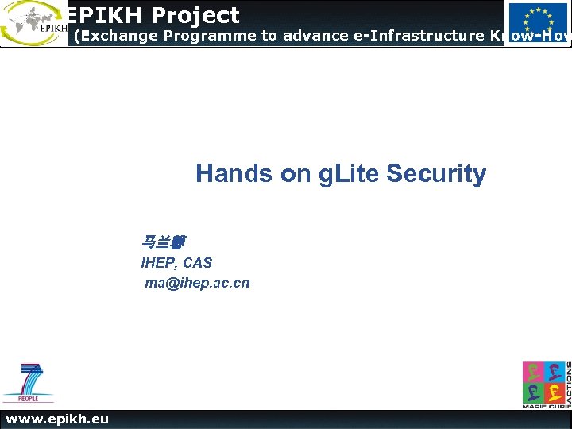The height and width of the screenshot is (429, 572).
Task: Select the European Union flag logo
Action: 538,22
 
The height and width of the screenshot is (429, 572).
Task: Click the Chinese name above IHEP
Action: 163,242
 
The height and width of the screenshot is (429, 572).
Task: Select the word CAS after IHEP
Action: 198,263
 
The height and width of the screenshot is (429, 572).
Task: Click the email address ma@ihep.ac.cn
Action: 197,283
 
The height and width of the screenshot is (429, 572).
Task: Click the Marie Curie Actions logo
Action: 545,385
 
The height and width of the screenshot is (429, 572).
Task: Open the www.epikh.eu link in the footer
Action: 57,419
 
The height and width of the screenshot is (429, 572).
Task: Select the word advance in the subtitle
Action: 305,35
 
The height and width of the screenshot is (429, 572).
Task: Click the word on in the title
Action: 296,173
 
